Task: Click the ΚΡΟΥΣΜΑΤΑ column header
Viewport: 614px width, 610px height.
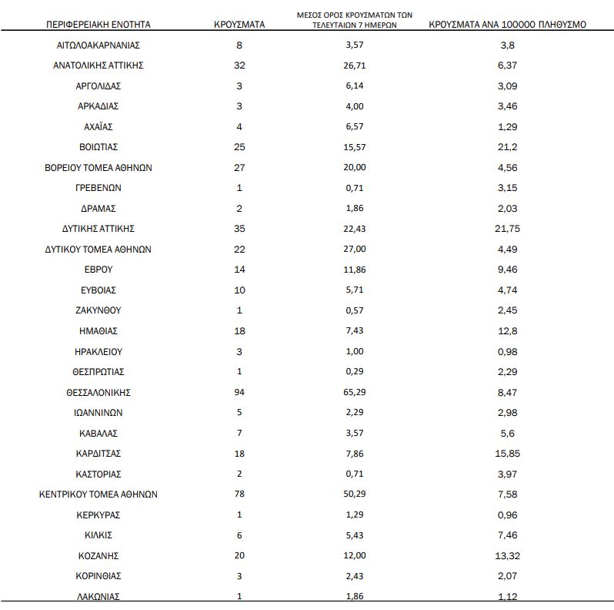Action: pyautogui.click(x=239, y=24)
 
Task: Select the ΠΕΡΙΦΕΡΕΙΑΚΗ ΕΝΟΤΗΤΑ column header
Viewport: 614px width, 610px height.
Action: pyautogui.click(x=98, y=24)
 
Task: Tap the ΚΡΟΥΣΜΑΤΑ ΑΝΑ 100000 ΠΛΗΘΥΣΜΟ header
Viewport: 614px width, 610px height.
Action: pyautogui.click(x=506, y=24)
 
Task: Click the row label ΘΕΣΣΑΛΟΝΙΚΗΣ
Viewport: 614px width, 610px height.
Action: pyautogui.click(x=98, y=392)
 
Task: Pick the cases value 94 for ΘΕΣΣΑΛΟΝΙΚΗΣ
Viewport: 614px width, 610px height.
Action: pyautogui.click(x=239, y=392)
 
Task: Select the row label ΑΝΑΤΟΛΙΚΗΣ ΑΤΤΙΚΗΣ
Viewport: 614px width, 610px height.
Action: pyautogui.click(x=98, y=65)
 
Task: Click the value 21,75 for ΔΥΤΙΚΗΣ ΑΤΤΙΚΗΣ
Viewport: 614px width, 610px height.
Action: pyautogui.click(x=507, y=229)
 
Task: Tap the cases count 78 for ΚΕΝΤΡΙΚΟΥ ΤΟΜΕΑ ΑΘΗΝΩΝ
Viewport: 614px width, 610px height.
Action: pyautogui.click(x=239, y=494)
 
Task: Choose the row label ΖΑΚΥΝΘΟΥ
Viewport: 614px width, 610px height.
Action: pyautogui.click(x=98, y=310)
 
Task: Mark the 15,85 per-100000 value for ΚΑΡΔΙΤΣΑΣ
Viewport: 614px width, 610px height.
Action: pyautogui.click(x=507, y=453)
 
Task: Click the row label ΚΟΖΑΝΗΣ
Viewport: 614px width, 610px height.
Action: pyautogui.click(x=98, y=555)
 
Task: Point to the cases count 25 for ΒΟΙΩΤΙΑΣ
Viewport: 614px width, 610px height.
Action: pyautogui.click(x=239, y=146)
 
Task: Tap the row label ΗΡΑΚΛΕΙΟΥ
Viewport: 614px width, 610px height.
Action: pyautogui.click(x=98, y=351)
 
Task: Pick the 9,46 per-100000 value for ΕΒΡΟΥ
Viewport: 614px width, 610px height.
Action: pyautogui.click(x=507, y=270)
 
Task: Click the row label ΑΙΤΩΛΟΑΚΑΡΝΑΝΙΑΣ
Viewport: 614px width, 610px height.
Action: pyautogui.click(x=98, y=45)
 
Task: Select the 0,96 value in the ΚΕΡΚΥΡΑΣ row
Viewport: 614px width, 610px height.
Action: pyautogui.click(x=507, y=514)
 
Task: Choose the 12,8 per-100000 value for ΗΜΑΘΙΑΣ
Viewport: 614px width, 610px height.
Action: pyautogui.click(x=507, y=330)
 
